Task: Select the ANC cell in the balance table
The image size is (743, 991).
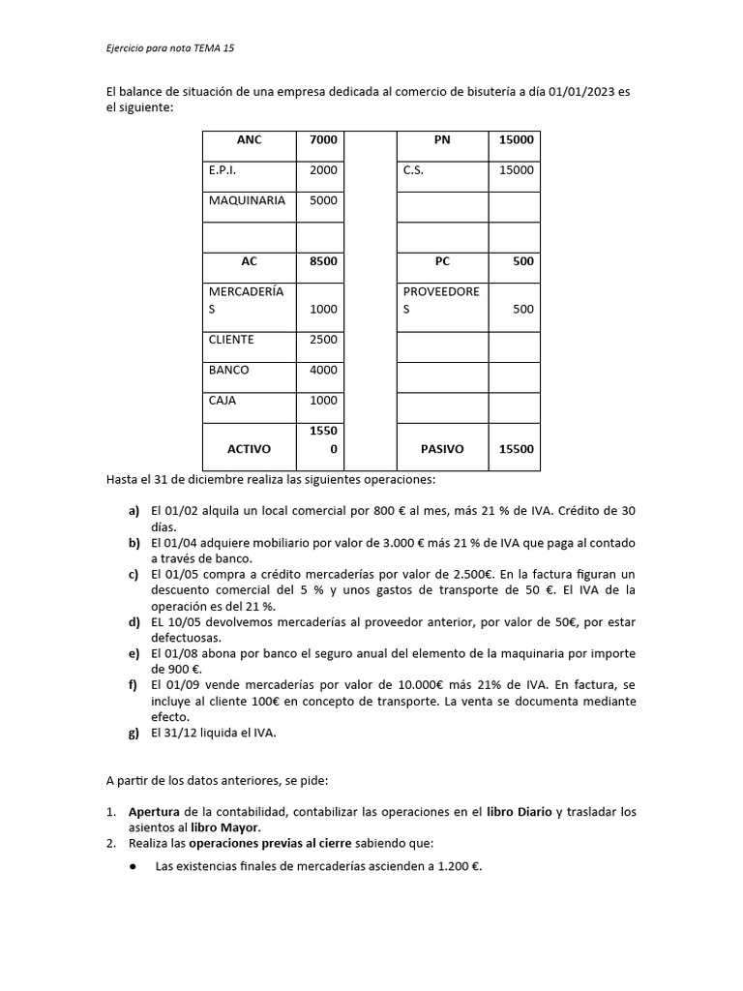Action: click(249, 140)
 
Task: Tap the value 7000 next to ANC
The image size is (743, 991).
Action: click(323, 140)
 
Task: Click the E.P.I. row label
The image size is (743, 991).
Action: click(223, 170)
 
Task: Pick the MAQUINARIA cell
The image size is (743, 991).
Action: click(247, 200)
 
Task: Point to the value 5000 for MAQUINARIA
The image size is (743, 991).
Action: click(323, 200)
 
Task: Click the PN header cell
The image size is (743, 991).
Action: click(443, 140)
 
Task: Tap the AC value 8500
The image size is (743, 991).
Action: click(323, 261)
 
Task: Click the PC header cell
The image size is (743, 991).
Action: click(443, 261)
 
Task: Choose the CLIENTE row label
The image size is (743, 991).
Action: click(231, 340)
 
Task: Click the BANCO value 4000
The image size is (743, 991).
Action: click(323, 370)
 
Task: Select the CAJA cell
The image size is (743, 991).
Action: click(223, 400)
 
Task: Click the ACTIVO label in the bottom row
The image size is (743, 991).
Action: click(249, 449)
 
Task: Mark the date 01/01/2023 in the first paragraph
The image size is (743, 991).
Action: click(583, 91)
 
